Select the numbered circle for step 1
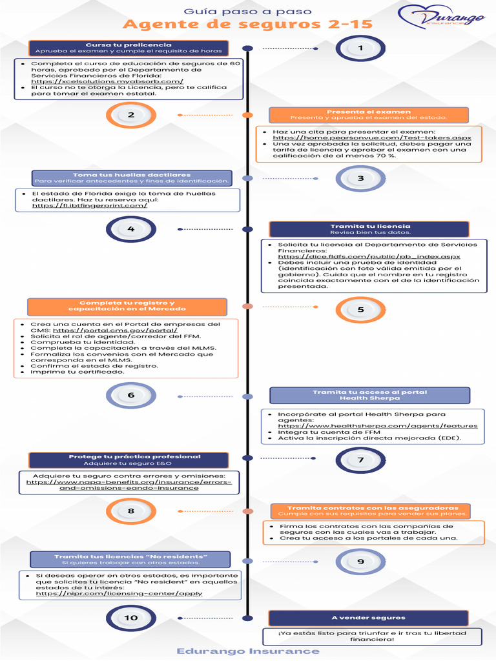pos(360,48)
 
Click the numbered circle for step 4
pos(131,229)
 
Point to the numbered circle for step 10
pos(131,618)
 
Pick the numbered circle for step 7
pos(360,460)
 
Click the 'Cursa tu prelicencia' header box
pos(129,48)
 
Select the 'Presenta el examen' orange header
pos(368,115)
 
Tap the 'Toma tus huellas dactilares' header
pos(132,178)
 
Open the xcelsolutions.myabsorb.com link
pos(107,81)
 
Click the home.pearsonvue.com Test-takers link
pos(372,137)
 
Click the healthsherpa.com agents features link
pos(378,425)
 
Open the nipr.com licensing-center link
pos(119,593)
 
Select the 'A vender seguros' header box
pos(368,618)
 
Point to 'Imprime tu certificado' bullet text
pos(77,372)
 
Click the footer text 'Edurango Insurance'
pos(248,651)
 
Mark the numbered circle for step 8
pos(131,511)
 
